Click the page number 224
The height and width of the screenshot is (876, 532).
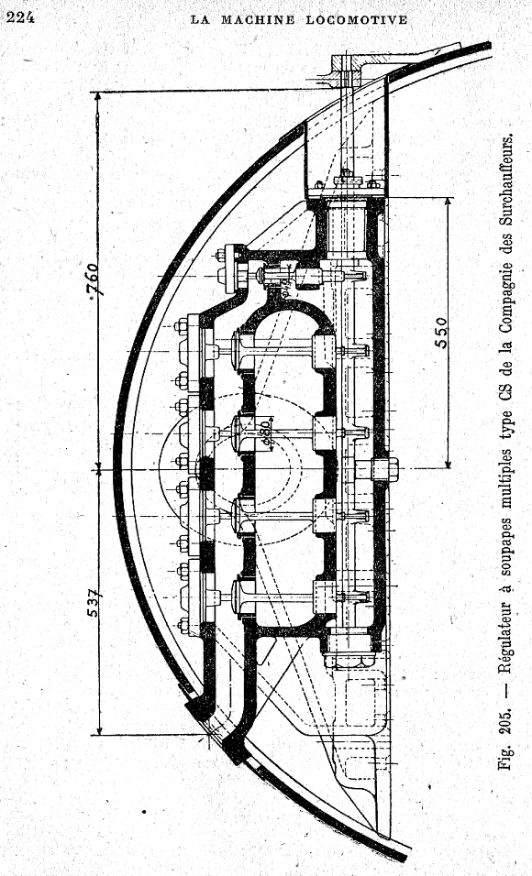20,17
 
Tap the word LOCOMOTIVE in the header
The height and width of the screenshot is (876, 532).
356,20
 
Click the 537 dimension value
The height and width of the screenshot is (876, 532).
94,602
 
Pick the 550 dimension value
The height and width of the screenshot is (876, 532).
442,333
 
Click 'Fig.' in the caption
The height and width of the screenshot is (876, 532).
505,758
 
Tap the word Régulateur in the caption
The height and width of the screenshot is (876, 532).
505,636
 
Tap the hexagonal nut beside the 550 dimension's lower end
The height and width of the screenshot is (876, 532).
385,469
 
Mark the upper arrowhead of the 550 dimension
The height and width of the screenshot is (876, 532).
448,203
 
